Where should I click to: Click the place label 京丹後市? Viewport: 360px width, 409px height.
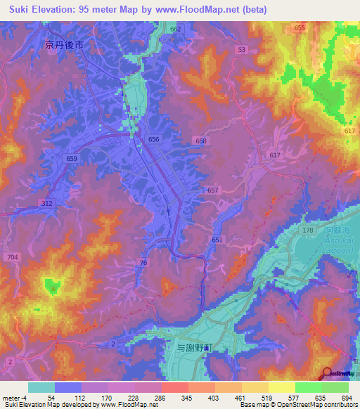coord(65,44)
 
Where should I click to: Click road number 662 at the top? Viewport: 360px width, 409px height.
coord(175,29)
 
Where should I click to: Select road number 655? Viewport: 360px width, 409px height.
coord(300,27)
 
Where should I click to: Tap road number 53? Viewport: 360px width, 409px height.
coord(242,50)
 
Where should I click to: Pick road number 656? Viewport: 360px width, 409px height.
coord(154,140)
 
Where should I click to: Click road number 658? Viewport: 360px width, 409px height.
coord(202,141)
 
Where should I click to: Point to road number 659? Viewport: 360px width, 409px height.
coord(72,159)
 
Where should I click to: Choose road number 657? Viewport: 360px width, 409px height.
coord(214,190)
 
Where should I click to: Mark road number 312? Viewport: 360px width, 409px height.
coord(46,203)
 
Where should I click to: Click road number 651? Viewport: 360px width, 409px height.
coord(217,240)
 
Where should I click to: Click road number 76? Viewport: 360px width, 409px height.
coord(143,262)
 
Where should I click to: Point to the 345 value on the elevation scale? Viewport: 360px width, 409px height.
coord(167,398)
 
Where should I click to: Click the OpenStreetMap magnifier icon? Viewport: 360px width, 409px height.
coord(326,374)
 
